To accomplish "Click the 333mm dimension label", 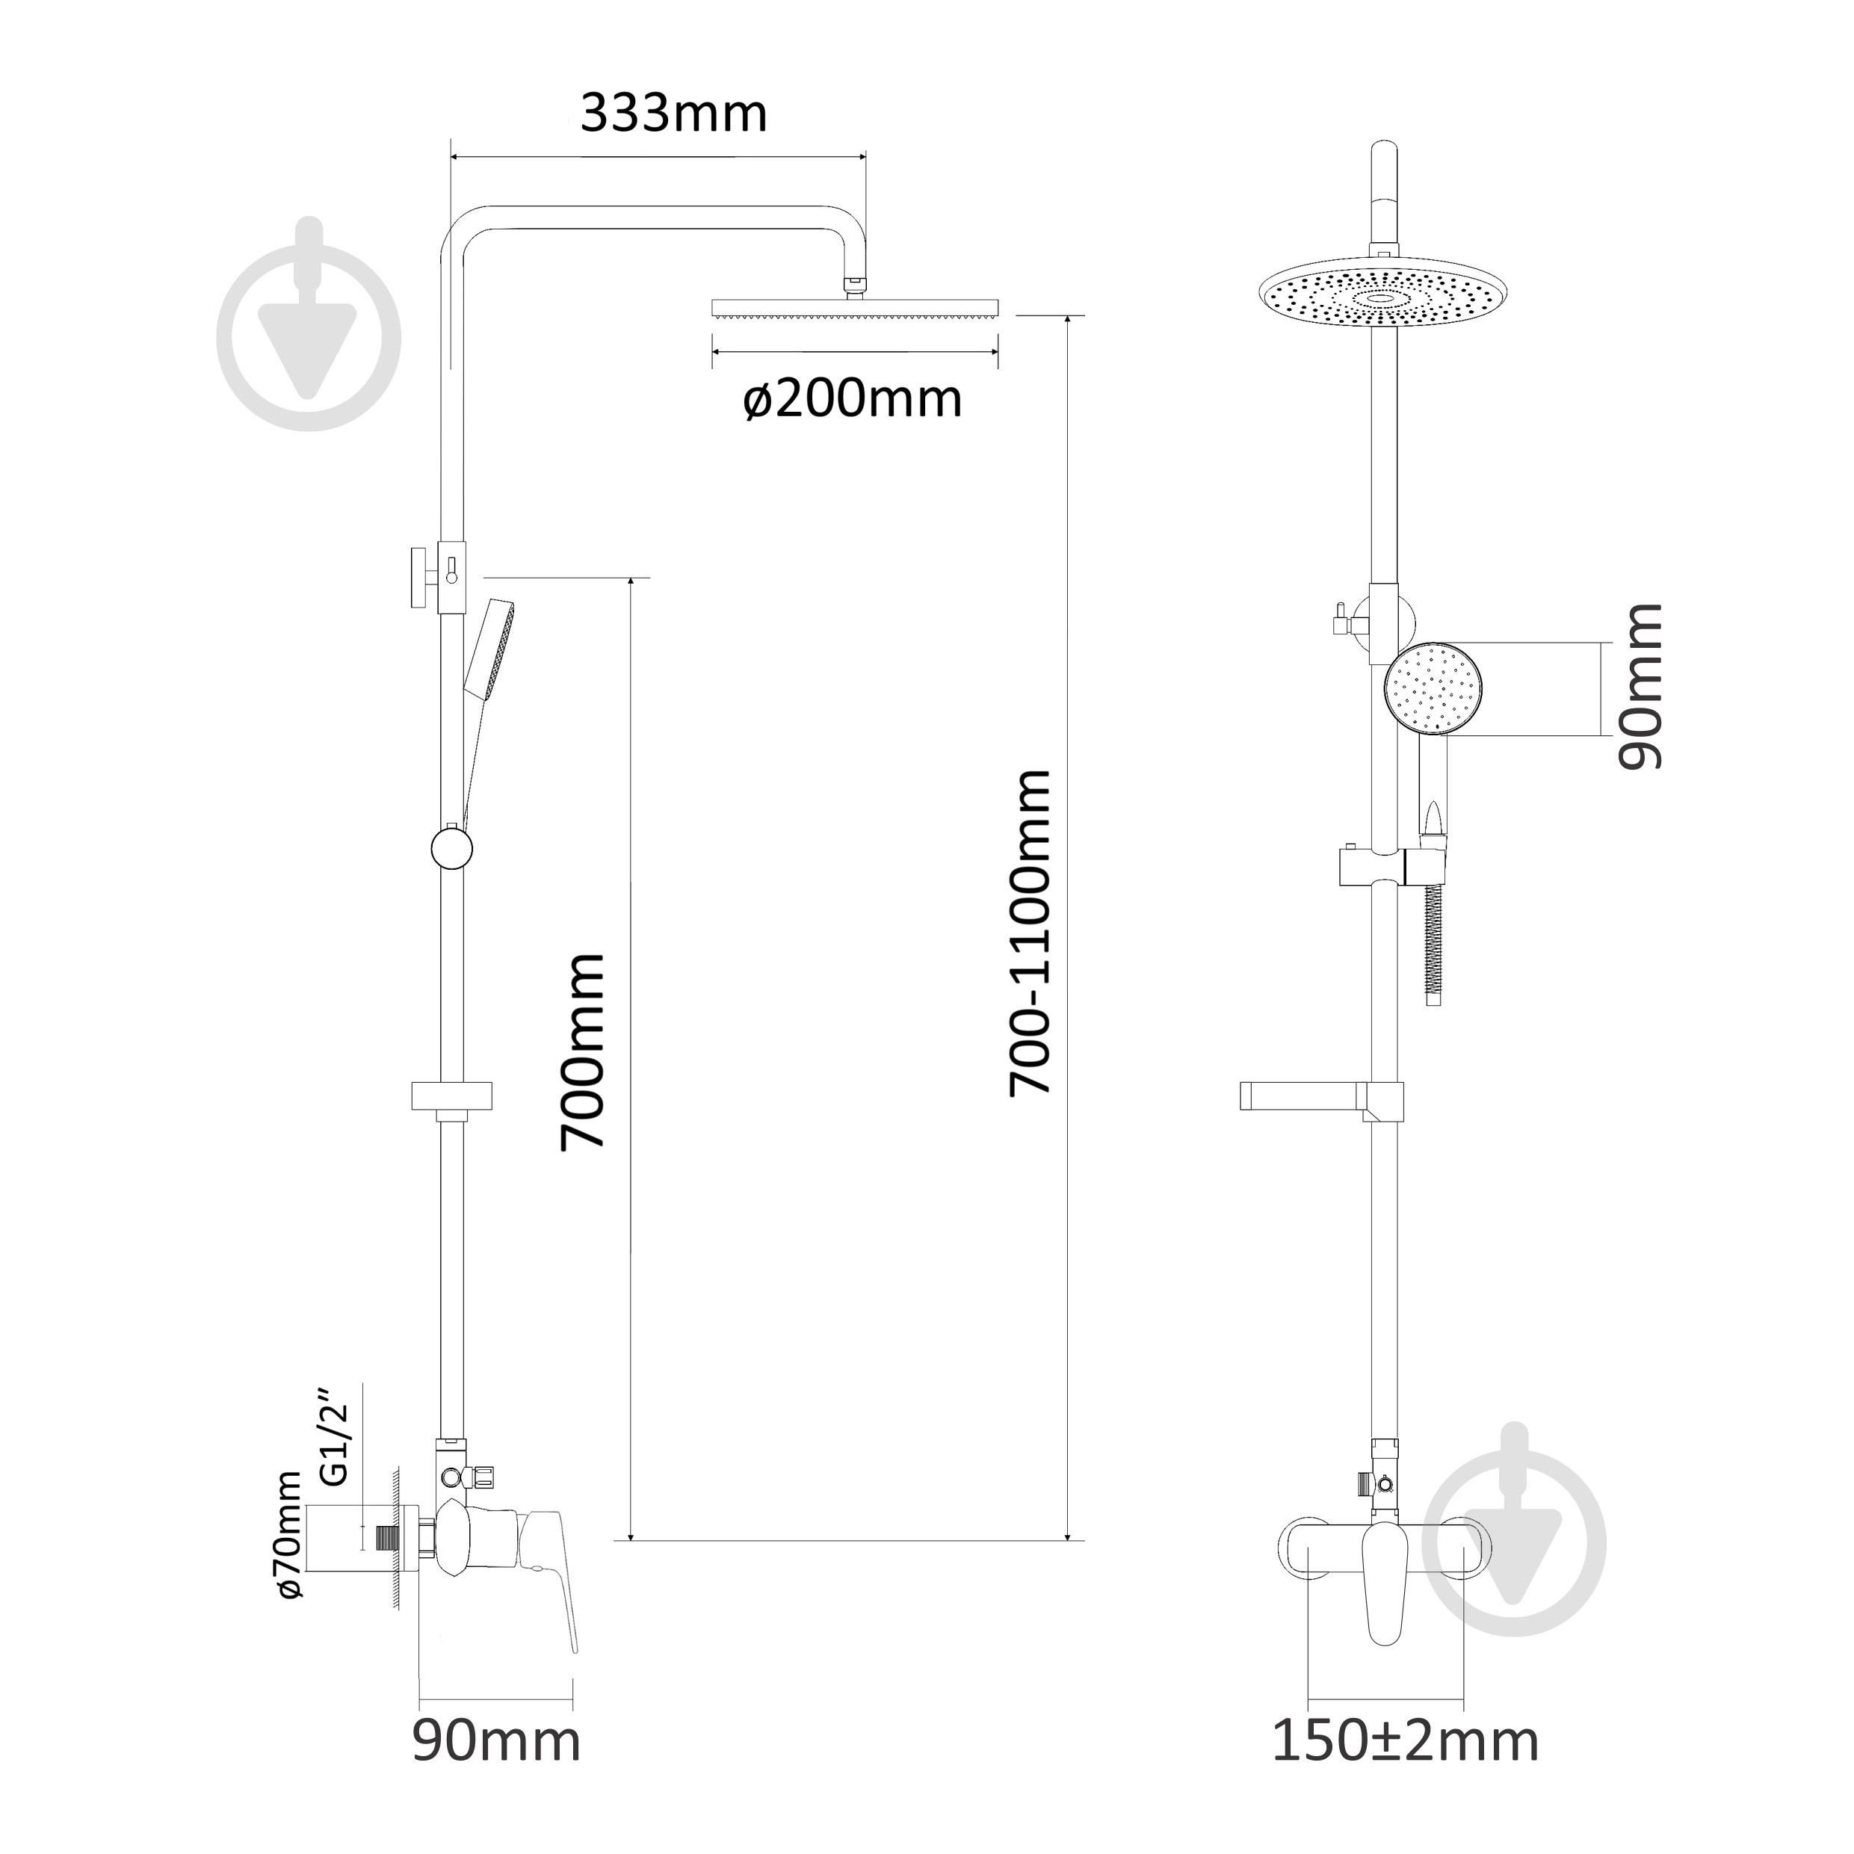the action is coord(673,114).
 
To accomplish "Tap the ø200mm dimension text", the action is coord(852,398).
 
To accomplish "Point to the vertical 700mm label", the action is coord(582,1051).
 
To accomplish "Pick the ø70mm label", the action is coord(288,1547).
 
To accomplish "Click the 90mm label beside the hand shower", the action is coord(1640,687).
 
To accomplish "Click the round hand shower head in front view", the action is coord(1433,689).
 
